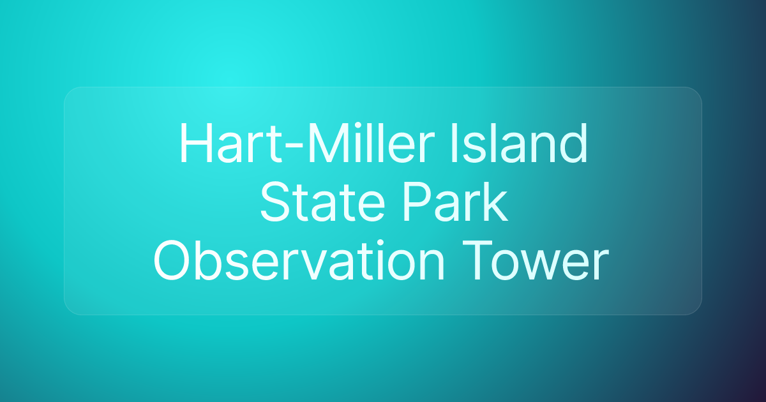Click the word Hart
(231, 142)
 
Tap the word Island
(519, 142)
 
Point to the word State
(322, 202)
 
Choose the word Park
(455, 202)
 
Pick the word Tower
(536, 260)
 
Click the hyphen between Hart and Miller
(294, 145)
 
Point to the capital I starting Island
(454, 142)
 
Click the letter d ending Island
(571, 142)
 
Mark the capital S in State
(276, 202)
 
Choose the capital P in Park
(418, 202)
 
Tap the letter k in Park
(494, 202)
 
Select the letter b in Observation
(209, 260)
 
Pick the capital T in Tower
(477, 261)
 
